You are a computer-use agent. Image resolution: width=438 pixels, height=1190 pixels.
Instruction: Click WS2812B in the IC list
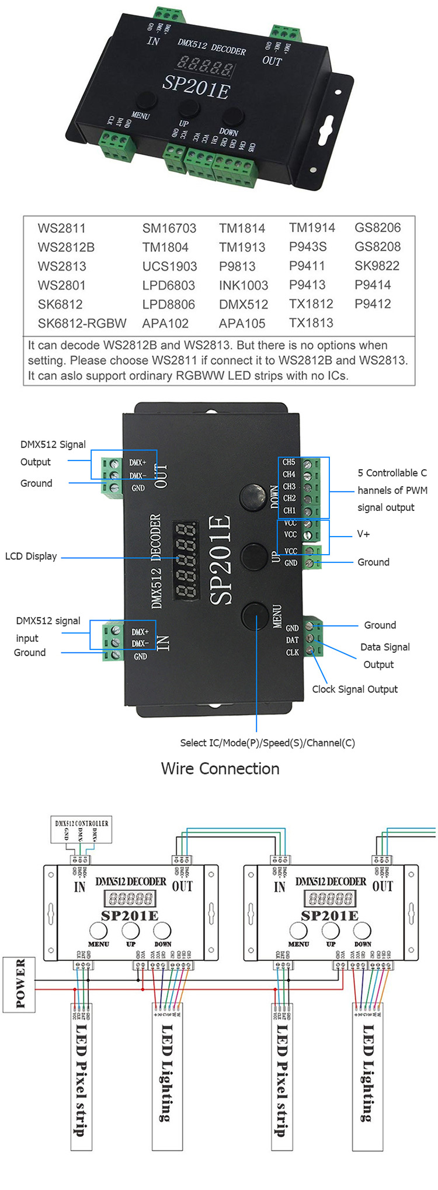click(x=66, y=247)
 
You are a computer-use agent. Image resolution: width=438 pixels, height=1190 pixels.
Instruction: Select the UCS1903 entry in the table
click(x=169, y=267)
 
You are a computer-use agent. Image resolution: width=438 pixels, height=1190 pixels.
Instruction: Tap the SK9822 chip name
click(x=377, y=266)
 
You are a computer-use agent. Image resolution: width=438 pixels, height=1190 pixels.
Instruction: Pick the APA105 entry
click(x=242, y=323)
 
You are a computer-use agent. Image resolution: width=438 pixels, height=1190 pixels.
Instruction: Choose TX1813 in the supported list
click(x=311, y=323)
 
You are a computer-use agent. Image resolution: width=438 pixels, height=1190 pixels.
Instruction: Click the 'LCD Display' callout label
click(x=31, y=556)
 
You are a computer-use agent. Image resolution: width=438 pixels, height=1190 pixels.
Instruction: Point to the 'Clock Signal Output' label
click(x=354, y=689)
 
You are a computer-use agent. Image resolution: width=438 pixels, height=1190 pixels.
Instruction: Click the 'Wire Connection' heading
click(x=220, y=769)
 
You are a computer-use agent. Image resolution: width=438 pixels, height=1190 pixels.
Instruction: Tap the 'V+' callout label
click(x=363, y=534)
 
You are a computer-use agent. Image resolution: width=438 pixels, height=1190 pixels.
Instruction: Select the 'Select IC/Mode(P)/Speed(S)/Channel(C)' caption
click(x=267, y=743)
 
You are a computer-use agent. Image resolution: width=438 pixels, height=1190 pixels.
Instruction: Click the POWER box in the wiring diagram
click(x=20, y=984)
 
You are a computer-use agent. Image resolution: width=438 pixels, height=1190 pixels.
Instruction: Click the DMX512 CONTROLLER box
click(x=81, y=831)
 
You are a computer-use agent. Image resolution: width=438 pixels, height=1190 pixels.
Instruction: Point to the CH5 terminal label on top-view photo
click(x=289, y=462)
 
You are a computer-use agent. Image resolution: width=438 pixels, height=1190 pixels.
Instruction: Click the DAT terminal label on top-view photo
click(x=292, y=640)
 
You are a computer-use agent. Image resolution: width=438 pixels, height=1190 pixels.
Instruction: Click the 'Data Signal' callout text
click(x=385, y=647)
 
